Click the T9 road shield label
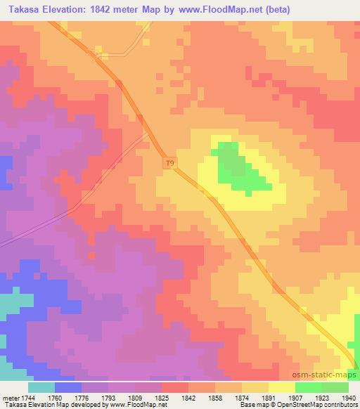tap(169, 164)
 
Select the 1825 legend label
tap(162, 397)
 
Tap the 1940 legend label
tap(348, 397)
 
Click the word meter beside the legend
tap(9, 397)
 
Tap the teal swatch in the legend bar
tap(41, 387)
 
